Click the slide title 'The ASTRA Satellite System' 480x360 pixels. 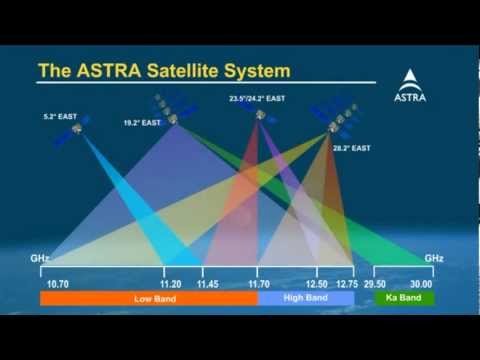click(x=164, y=71)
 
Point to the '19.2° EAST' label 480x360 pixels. click(x=142, y=123)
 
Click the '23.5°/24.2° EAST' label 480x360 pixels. click(x=257, y=99)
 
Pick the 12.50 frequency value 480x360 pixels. click(x=316, y=284)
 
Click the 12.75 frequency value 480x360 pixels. click(x=346, y=284)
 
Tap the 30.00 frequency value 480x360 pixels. click(x=421, y=284)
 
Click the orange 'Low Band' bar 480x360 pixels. click(x=148, y=298)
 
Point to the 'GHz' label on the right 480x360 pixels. click(x=433, y=258)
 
